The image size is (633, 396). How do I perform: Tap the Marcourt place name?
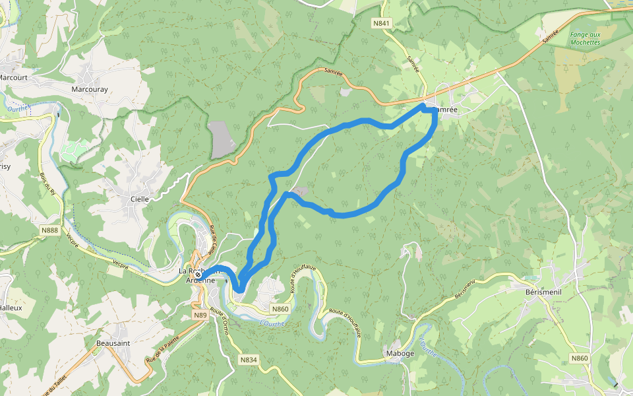pos(13,77)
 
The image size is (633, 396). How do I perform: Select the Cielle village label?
pos(140,198)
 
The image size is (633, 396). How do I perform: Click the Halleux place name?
pos(11,308)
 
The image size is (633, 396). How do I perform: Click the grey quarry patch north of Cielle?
pos(223,139)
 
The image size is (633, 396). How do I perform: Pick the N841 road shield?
pos(381,23)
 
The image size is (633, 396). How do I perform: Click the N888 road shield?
pos(49,230)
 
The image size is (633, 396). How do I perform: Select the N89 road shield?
pos(200,315)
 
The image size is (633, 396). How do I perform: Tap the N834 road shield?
pos(248,360)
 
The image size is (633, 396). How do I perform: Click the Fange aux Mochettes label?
pos(585,38)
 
